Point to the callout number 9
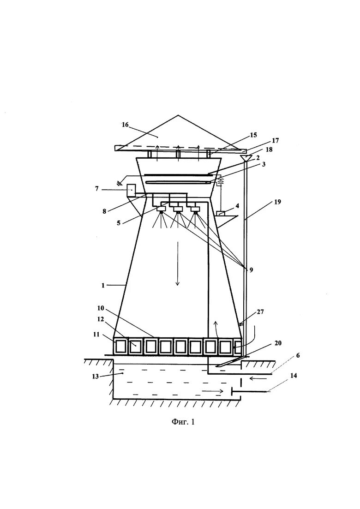251,270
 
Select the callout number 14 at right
294,376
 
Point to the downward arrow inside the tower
177,276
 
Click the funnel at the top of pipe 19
246,158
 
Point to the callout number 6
298,355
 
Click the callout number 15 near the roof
253,135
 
